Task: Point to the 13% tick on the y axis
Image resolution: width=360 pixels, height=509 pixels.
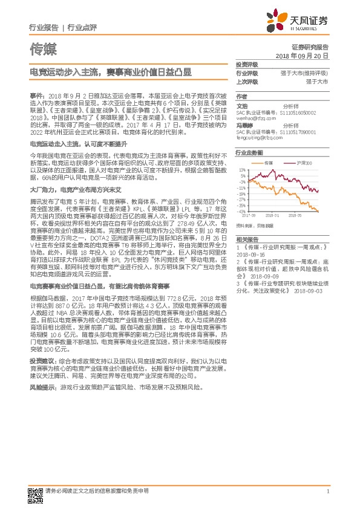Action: [242, 171]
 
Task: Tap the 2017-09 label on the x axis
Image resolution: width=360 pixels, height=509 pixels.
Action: [249, 215]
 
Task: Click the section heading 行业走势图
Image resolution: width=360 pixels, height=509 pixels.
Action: [249, 153]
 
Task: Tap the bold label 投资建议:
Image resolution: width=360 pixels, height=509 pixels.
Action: [43, 360]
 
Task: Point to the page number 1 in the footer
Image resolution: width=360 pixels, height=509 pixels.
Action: [327, 491]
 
